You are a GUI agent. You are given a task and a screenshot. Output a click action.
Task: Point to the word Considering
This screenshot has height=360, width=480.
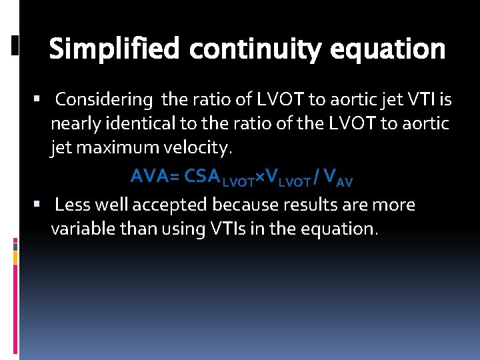click(x=104, y=100)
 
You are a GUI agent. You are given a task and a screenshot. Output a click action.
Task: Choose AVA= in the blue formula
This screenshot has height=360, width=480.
click(x=155, y=176)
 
